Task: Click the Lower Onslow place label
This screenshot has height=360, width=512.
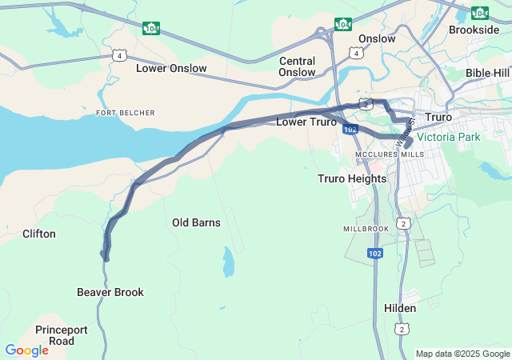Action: [171, 68]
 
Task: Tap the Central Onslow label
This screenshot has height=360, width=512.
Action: [297, 66]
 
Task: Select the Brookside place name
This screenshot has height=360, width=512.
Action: [474, 30]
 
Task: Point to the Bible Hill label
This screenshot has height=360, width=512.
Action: [487, 73]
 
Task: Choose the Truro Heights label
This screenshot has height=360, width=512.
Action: [352, 178]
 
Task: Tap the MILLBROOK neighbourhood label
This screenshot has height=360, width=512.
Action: [366, 228]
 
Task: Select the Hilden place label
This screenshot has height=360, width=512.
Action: [400, 308]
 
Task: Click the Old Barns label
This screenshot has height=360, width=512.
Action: [196, 222]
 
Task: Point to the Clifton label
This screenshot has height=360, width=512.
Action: [39, 234]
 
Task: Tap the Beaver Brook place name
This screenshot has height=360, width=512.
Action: [110, 292]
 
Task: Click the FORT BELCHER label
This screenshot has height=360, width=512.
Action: [126, 113]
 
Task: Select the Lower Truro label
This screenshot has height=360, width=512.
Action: [306, 122]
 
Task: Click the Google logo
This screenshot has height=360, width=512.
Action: [26, 350]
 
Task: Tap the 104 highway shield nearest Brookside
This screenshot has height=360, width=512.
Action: [479, 13]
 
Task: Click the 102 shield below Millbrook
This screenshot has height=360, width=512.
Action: [375, 253]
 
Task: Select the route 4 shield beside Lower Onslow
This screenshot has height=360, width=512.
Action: [119, 55]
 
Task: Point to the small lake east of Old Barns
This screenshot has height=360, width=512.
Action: [229, 262]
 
